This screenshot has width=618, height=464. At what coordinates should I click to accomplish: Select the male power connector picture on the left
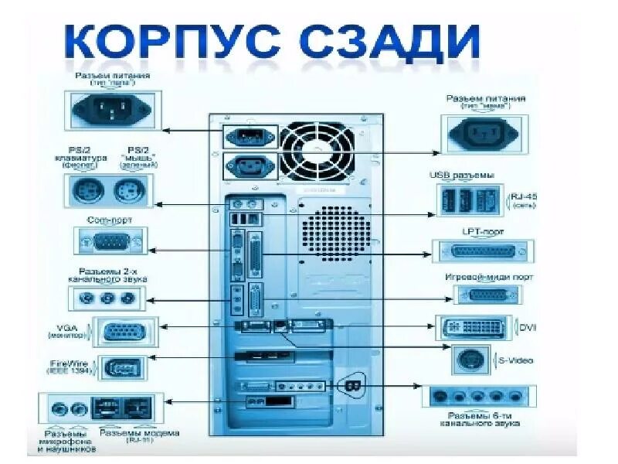pyautogui.click(x=112, y=108)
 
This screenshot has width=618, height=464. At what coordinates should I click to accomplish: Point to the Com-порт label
pyautogui.click(x=109, y=220)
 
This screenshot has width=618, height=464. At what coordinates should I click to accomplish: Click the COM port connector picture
pyautogui.click(x=109, y=243)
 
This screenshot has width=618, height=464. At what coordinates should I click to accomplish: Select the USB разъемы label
pyautogui.click(x=461, y=176)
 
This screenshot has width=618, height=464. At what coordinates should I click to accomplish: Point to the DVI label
pyautogui.click(x=528, y=328)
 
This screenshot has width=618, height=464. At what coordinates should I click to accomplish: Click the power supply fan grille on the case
pyautogui.click(x=317, y=151)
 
